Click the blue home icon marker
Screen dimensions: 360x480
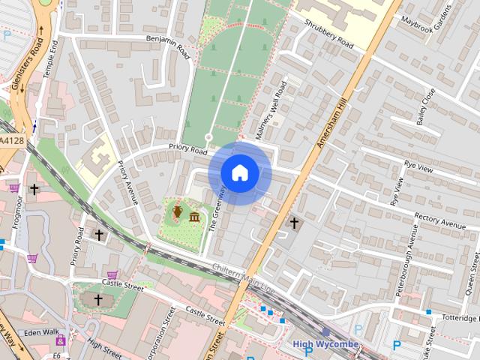pyautogui.click(x=239, y=173)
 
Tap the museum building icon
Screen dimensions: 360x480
pyautogui.click(x=194, y=217)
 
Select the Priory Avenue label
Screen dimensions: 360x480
pyautogui.click(x=128, y=181)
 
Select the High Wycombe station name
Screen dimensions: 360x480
pyautogui.click(x=325, y=345)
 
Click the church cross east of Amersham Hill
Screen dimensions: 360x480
pyautogui.click(x=294, y=223)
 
